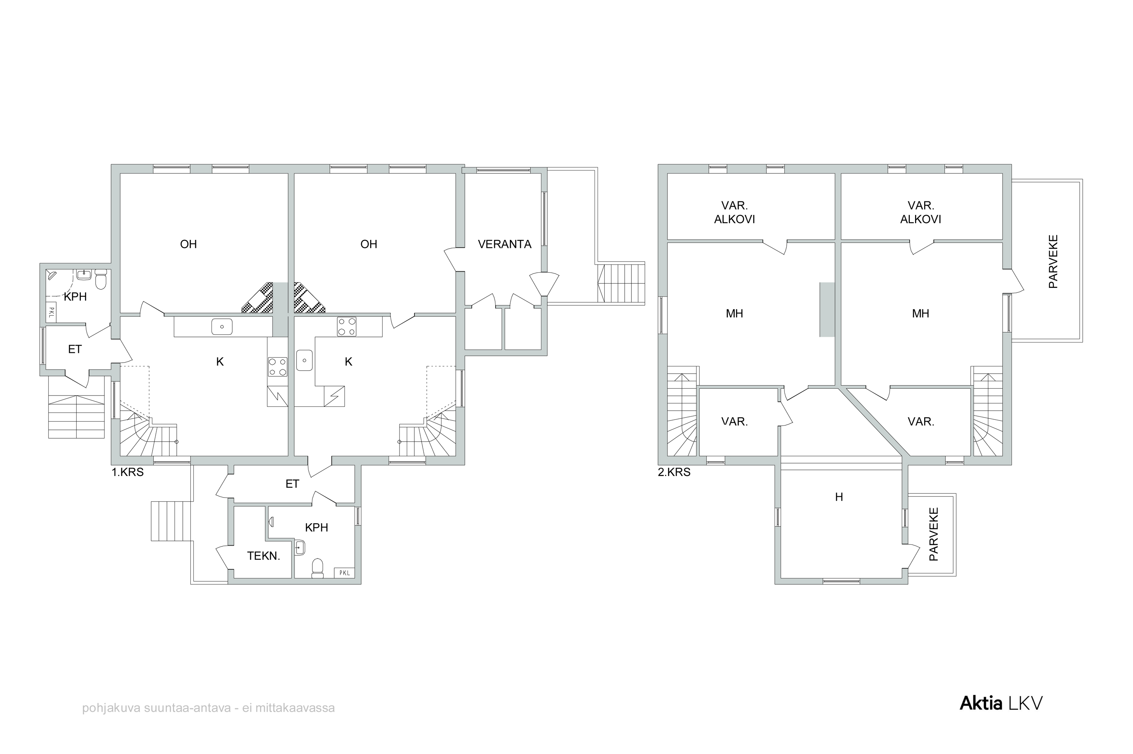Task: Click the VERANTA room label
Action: point(504,244)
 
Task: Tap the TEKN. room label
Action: point(263,556)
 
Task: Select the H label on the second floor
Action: point(839,497)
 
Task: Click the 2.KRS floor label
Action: point(674,472)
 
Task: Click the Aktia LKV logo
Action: point(1001,703)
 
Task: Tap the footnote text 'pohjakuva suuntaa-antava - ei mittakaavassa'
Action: point(208,708)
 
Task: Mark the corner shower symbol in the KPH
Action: point(51,275)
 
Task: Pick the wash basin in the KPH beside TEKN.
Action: point(299,547)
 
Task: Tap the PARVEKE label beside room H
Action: point(934,534)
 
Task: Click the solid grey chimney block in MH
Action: point(827,309)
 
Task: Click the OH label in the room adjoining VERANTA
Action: point(369,244)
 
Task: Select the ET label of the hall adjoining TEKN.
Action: point(292,484)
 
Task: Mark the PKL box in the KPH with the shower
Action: point(51,313)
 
